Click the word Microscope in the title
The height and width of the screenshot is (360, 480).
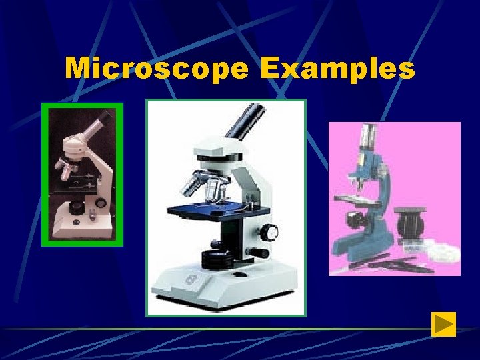tap(157, 68)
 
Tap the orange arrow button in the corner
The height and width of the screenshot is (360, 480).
tap(443, 324)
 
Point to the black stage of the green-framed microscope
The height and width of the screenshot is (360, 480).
tap(79, 186)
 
